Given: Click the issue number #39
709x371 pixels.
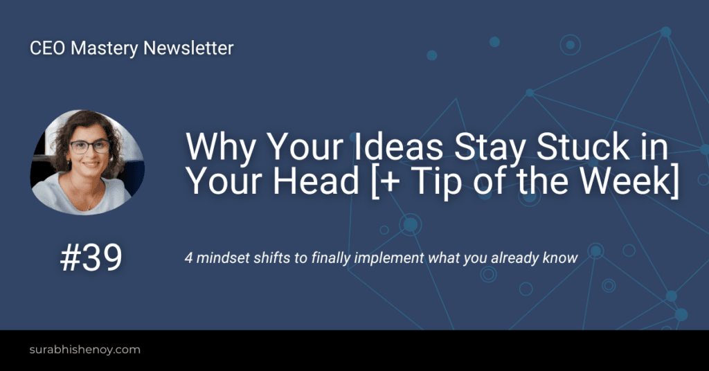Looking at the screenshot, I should click(x=91, y=258).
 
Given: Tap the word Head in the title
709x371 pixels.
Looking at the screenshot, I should click(x=330, y=181).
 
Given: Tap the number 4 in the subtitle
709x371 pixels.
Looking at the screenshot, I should click(x=188, y=257).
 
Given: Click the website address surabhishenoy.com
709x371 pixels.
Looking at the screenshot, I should click(x=85, y=350).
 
